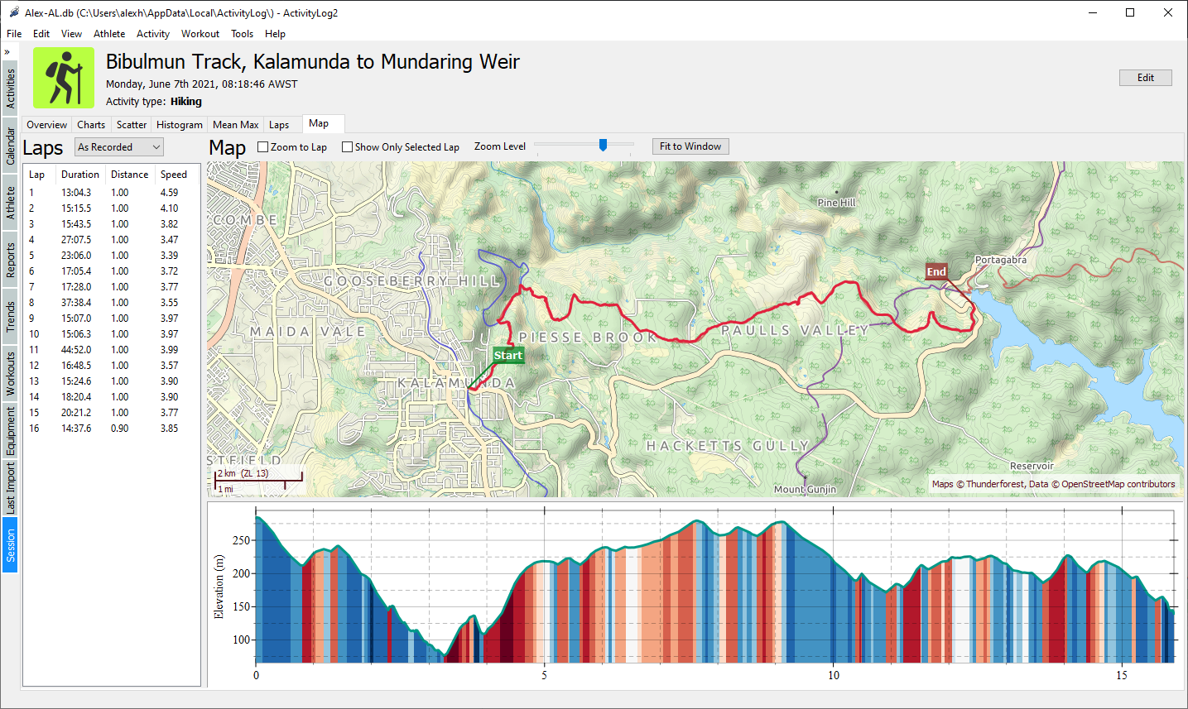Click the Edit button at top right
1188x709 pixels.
tap(1145, 78)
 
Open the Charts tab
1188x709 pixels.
tap(91, 125)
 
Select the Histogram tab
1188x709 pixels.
tap(179, 125)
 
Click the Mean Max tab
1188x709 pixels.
tap(235, 125)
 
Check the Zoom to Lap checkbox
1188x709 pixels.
tap(263, 147)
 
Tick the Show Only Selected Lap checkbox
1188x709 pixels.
tap(348, 147)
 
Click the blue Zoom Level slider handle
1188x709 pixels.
tap(604, 146)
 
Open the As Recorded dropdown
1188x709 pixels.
tap(119, 147)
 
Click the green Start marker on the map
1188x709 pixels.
tap(507, 356)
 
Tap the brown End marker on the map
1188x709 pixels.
tap(936, 272)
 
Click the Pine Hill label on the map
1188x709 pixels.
tap(836, 203)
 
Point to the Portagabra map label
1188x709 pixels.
tap(1000, 260)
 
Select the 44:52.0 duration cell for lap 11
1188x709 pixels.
tap(76, 350)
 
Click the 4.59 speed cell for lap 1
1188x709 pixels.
tap(169, 193)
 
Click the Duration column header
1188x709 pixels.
tap(80, 175)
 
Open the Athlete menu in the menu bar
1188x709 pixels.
tap(109, 34)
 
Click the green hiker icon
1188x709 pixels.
tap(64, 78)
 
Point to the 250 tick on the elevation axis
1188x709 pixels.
tap(241, 540)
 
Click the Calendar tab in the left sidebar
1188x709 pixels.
tap(11, 146)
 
